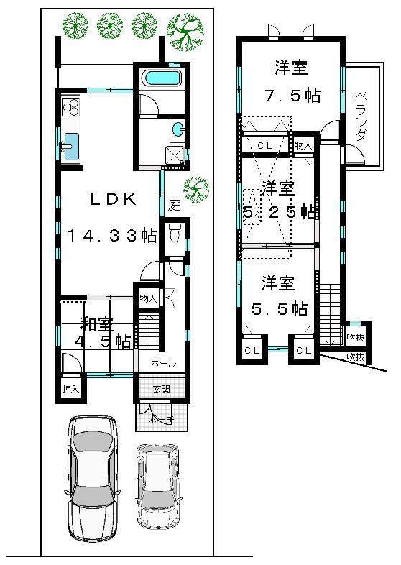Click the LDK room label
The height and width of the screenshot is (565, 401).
(113, 201)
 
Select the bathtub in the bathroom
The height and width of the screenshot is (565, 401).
(160, 79)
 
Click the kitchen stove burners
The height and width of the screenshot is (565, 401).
(71, 109)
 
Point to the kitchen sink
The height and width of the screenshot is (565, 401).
(70, 146)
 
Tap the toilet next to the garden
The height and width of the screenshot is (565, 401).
(173, 235)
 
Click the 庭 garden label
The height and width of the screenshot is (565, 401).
(175, 205)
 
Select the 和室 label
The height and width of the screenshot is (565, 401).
(94, 325)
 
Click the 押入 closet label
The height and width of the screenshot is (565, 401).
(70, 390)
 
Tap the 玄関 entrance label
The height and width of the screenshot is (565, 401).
(162, 390)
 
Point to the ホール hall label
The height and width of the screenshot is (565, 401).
(163, 364)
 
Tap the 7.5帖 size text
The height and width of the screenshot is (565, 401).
(290, 96)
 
